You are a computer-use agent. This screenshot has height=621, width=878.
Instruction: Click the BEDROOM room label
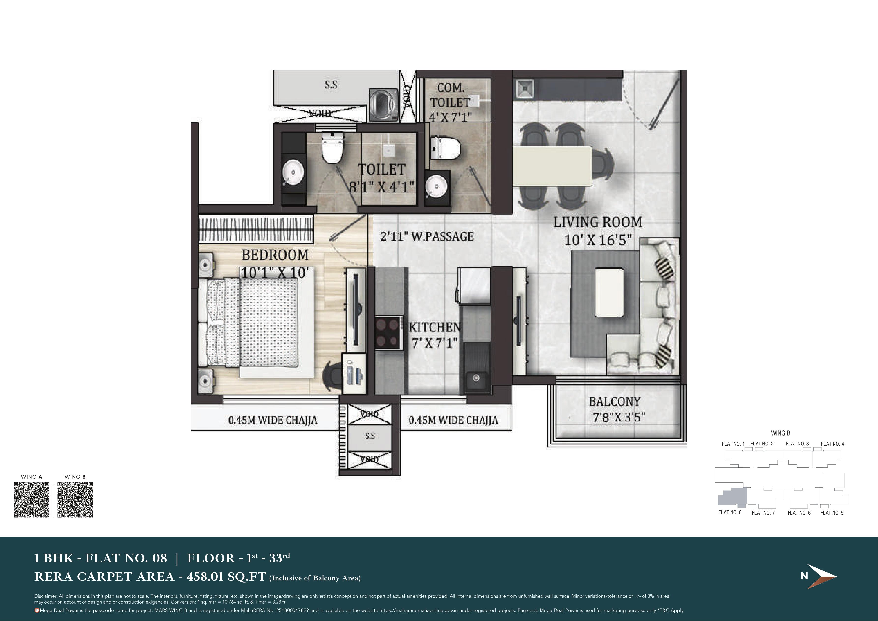275,255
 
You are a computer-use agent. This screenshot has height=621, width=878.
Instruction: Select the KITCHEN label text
435,327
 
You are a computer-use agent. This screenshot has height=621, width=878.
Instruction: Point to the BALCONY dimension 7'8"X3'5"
619,417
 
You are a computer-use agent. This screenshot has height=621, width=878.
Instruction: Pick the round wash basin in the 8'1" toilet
293,172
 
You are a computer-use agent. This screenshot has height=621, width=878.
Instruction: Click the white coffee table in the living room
610,293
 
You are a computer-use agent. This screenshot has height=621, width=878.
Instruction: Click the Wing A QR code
31,500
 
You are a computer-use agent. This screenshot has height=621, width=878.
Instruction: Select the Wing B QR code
75,500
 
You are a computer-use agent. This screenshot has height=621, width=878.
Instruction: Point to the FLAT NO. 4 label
833,444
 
